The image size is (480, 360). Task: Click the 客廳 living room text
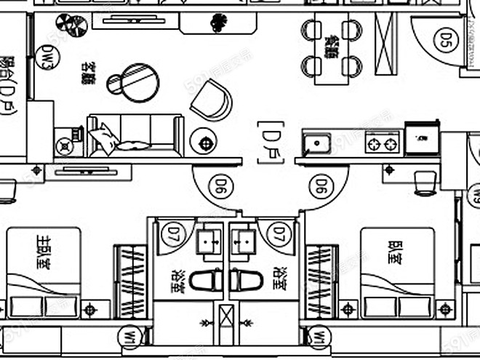pyautogui.click(x=90, y=73)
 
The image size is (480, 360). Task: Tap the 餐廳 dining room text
pyautogui.click(x=332, y=47)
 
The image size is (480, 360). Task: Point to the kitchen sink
pyautogui.click(x=317, y=143)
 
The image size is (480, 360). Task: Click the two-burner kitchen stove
pyautogui.click(x=383, y=143)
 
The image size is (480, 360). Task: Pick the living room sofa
pyautogui.click(x=134, y=136)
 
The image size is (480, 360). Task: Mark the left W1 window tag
pyautogui.click(x=129, y=337)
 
